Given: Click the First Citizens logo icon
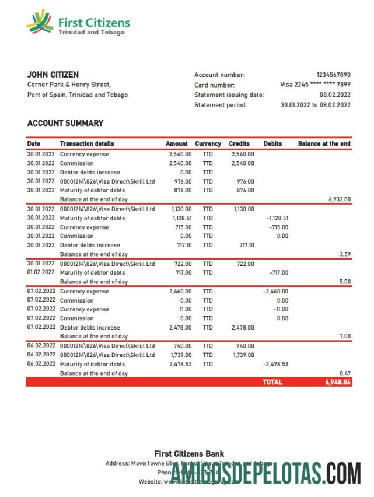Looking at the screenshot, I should (40, 22).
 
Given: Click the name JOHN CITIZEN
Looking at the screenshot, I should (53, 75).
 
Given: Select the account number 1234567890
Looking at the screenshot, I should (333, 75).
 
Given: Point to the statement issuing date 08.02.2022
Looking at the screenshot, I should (335, 94).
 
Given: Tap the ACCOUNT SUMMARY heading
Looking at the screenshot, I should (65, 123).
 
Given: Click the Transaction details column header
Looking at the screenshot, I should (87, 143).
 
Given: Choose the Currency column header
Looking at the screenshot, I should (208, 143).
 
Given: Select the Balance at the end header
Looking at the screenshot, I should (324, 143).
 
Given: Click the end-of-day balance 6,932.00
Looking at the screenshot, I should (340, 199).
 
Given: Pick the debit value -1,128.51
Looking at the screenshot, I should (277, 218).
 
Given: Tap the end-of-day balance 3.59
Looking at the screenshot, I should (345, 254).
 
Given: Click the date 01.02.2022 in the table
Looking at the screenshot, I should (41, 272).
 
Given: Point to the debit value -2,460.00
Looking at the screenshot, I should (275, 291).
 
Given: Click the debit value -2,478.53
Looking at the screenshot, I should (275, 364).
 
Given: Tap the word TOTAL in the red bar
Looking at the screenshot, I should (273, 383).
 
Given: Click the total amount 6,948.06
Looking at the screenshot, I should (338, 383).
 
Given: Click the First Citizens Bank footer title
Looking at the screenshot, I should (189, 454).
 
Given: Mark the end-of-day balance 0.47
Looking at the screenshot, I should (345, 373).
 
